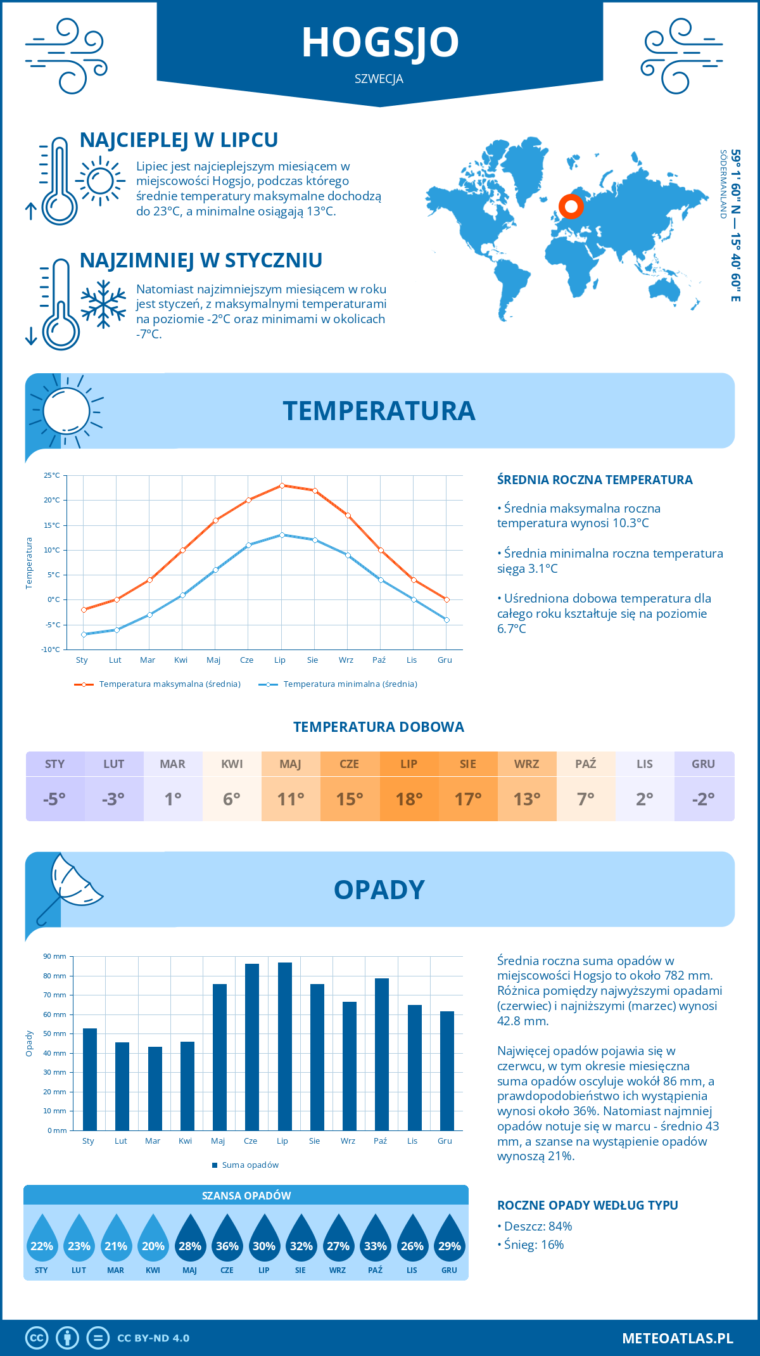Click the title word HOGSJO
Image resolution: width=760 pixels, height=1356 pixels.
(x=380, y=42)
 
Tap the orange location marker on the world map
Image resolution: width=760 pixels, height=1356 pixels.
(x=571, y=206)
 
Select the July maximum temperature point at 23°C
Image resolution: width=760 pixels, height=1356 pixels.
(x=282, y=485)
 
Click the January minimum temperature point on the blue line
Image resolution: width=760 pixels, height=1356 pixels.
(x=84, y=634)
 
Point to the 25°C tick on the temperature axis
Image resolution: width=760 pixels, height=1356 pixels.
(x=52, y=475)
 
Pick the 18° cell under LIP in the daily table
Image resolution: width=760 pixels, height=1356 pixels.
(x=409, y=799)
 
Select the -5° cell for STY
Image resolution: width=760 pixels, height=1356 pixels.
(x=54, y=799)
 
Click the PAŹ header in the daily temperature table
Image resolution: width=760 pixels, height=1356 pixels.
(x=586, y=764)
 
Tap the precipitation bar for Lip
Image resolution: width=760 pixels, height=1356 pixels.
(x=285, y=1046)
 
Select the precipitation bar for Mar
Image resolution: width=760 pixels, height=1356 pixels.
(x=155, y=1088)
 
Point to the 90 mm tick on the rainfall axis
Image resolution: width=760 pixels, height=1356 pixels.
(x=55, y=956)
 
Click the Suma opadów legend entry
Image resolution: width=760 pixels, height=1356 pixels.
(x=250, y=1165)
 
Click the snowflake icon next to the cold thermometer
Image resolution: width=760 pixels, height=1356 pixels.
(x=103, y=304)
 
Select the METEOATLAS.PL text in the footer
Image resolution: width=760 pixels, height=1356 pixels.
(x=677, y=1338)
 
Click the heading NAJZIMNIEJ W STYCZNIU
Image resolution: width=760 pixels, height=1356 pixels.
(x=201, y=260)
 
